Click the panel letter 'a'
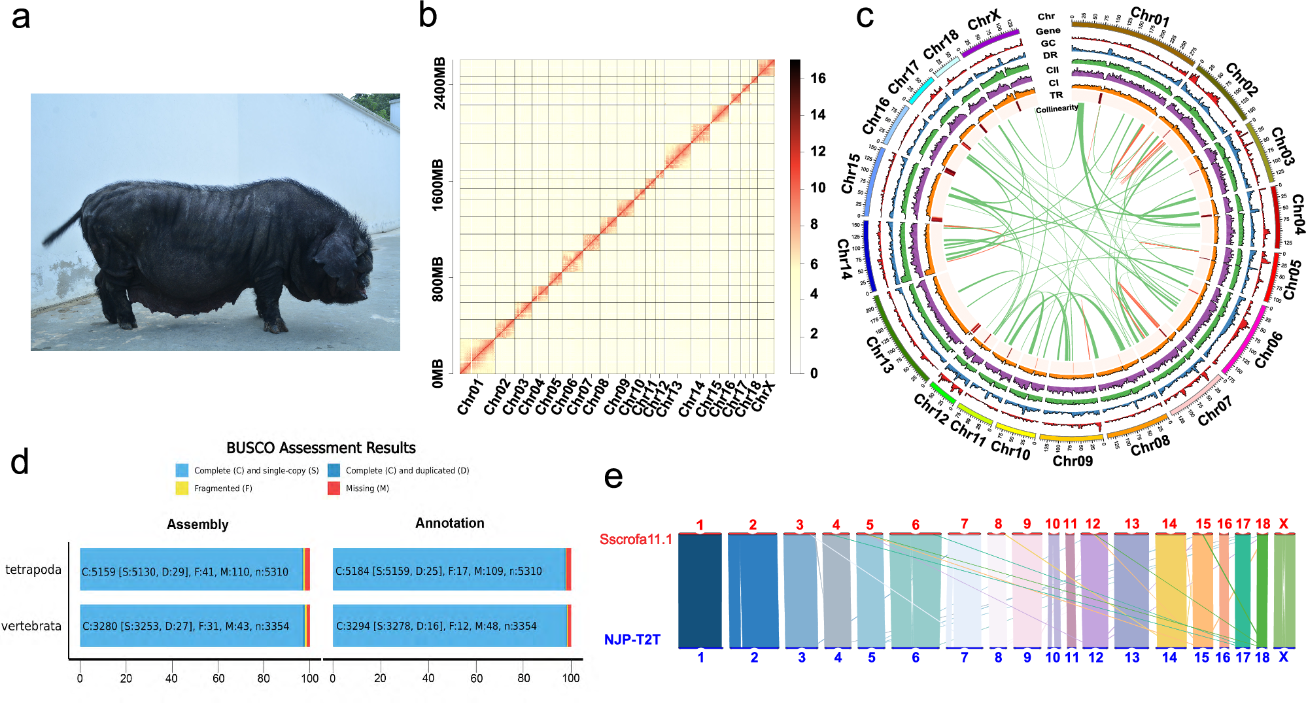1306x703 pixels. point(21,17)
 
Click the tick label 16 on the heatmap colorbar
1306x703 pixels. point(817,78)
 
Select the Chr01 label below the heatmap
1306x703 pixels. point(470,397)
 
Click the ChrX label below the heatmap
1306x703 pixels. point(763,396)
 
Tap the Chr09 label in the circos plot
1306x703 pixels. point(1072,461)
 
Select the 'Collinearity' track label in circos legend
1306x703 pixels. point(1056,109)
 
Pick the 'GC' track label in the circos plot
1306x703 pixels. point(1048,43)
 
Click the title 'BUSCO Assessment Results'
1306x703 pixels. point(320,448)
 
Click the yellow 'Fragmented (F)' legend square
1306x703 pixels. point(182,488)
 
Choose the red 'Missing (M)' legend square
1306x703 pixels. point(334,488)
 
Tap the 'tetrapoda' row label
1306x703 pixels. point(33,570)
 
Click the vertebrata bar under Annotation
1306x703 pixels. point(451,626)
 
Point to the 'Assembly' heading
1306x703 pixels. point(198,524)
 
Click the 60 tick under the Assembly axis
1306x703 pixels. point(218,678)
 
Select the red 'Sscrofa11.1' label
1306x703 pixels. point(636,540)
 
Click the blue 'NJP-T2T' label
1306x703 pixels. point(632,640)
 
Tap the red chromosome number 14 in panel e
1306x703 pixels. point(1169,524)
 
